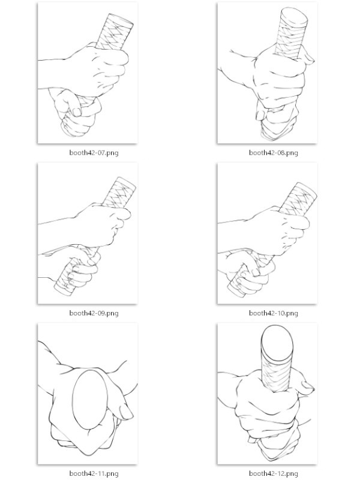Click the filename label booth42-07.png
tap(94, 152)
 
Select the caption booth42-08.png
tap(274, 152)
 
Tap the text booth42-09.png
tap(94, 313)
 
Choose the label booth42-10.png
tap(274, 313)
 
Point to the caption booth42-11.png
tap(94, 473)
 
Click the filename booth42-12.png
tap(274, 473)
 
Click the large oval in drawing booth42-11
tap(90, 400)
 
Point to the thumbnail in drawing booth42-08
tap(260, 116)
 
